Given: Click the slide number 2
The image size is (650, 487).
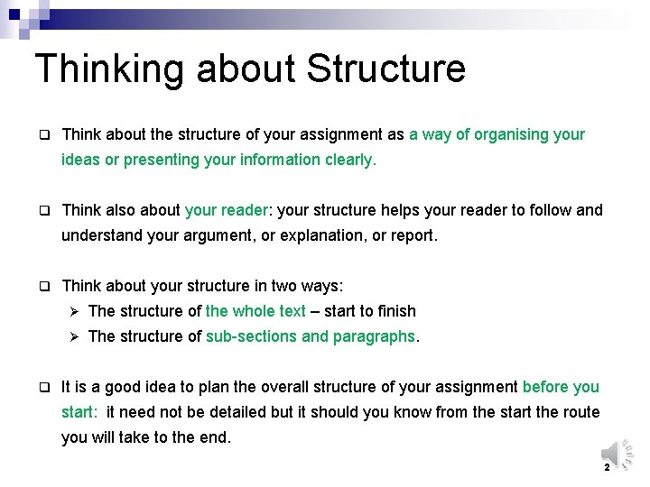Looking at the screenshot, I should point(607,468).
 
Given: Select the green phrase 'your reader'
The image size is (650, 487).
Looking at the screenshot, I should point(226,210).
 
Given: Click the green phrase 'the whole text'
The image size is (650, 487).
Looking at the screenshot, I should point(255,311).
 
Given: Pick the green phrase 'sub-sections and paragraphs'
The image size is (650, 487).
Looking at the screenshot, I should point(311,336).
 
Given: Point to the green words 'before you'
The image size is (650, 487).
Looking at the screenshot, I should point(561,387).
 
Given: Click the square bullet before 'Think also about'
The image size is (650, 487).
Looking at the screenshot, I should point(42,210).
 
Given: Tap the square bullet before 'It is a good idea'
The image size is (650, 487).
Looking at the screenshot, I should point(42,387).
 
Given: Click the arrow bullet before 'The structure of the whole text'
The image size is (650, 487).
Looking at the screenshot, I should point(76,311).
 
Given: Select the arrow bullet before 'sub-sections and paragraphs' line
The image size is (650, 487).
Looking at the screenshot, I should point(76,336).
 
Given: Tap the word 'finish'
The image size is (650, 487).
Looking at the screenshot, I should point(397,311).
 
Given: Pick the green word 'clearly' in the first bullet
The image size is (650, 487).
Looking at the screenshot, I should point(348,160).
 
